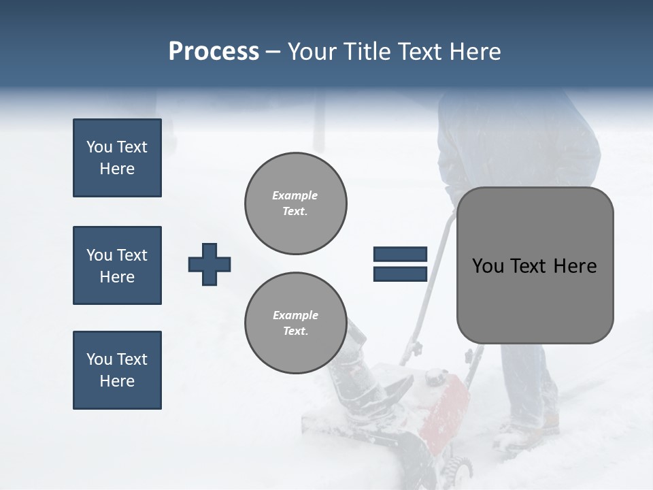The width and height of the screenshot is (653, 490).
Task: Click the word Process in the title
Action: coord(214,52)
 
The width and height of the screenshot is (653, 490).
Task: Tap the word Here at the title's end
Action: coord(474,52)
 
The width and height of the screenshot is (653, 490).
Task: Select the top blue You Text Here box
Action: coord(117,158)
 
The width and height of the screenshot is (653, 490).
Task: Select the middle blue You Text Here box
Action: coord(117,265)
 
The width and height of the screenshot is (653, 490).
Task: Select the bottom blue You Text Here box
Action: coord(117,370)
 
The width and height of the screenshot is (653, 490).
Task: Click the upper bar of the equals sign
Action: coord(400,255)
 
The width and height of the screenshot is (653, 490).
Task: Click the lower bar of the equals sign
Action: coord(400,274)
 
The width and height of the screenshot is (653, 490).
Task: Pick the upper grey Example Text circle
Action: coord(296,203)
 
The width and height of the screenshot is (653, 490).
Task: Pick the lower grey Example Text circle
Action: coord(296,323)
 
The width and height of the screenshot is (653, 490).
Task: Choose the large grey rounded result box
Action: coord(535,299)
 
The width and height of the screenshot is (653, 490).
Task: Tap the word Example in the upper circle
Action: coord(295,195)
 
